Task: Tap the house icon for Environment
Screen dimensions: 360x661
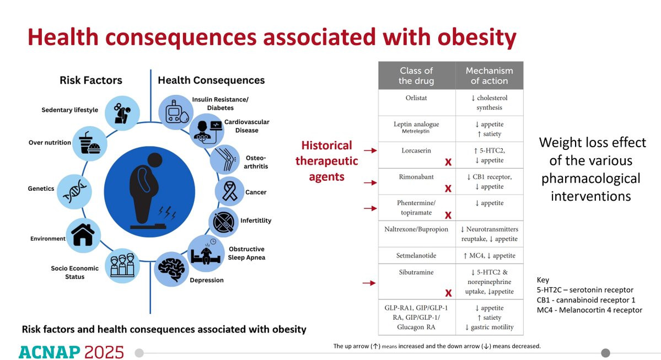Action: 83,234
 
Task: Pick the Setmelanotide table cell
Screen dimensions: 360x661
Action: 416,256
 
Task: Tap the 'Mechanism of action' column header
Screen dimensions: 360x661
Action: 489,76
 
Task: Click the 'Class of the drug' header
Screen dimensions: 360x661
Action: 416,76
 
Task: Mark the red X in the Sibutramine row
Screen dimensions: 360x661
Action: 448,293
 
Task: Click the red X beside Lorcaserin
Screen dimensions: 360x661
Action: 448,162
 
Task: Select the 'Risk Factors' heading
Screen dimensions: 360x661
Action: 91,80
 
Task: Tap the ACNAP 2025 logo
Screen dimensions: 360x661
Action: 71,352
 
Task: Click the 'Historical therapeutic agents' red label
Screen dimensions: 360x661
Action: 326,161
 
